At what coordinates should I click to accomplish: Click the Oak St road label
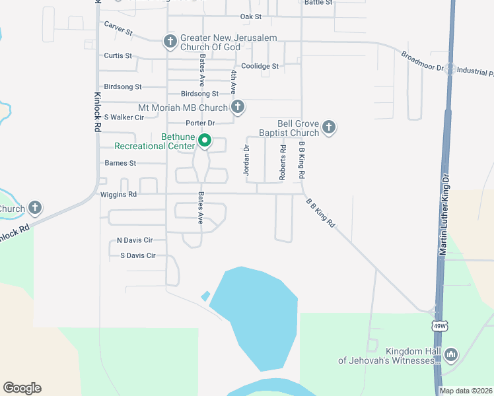pyautogui.click(x=251, y=16)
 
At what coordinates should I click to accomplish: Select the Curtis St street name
pyautogui.click(x=118, y=56)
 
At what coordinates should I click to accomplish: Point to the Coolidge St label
pyautogui.click(x=260, y=66)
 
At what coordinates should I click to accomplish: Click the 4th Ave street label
pyautogui.click(x=233, y=82)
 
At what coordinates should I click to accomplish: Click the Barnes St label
pyautogui.click(x=120, y=162)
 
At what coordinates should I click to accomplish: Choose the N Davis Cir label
pyautogui.click(x=134, y=240)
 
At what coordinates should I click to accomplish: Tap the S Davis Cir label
pyautogui.click(x=137, y=255)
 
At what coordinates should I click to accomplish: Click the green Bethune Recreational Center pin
pyautogui.click(x=205, y=140)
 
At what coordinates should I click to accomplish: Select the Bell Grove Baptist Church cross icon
pyautogui.click(x=330, y=127)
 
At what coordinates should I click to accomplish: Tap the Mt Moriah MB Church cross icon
pyautogui.click(x=238, y=106)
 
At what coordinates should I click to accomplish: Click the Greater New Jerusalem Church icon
pyautogui.click(x=170, y=43)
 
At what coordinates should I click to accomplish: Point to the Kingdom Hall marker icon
pyautogui.click(x=451, y=355)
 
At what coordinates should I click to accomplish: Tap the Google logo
pyautogui.click(x=22, y=388)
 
